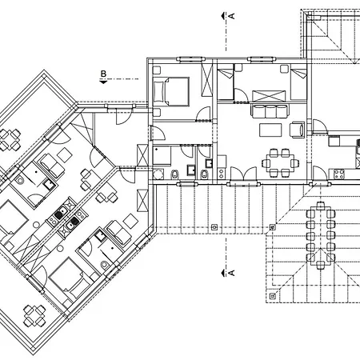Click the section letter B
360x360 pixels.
[x=103, y=74]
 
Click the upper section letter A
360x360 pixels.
[x=232, y=16]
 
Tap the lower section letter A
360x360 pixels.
[x=232, y=273]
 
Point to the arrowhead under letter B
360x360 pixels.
[x=103, y=82]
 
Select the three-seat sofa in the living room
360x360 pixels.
[x=270, y=111]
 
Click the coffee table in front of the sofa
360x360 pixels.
[x=270, y=130]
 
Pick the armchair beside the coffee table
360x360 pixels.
[x=298, y=130]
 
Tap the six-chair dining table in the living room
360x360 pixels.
[x=281, y=163]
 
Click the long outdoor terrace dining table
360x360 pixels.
[x=321, y=235]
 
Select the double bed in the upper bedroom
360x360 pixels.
[x=171, y=91]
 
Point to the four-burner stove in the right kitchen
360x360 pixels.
[x=339, y=174]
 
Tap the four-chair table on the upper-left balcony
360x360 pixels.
[x=9, y=139]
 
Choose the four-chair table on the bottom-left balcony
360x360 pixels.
[x=34, y=316]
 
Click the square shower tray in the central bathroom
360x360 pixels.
[x=162, y=155]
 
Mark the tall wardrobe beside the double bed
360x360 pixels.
[x=206, y=81]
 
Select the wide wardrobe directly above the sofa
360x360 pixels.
[x=269, y=96]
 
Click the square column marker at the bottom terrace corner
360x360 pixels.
[x=272, y=296]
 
